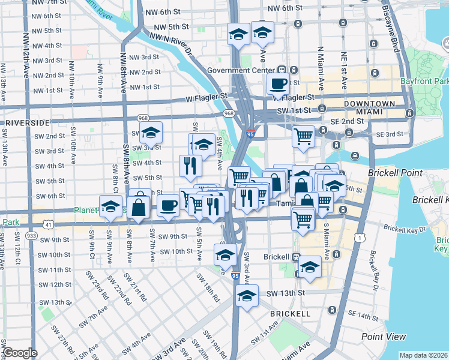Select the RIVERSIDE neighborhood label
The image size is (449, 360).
pyautogui.click(x=25, y=122)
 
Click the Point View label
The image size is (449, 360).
pyautogui.click(x=384, y=337)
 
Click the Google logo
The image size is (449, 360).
pyautogui.click(x=20, y=353)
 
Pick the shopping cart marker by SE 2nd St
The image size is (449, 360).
pyautogui.click(x=304, y=136)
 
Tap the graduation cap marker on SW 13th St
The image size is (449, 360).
pyautogui.click(x=247, y=295)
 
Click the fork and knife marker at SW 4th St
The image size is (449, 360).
pyautogui.click(x=190, y=165)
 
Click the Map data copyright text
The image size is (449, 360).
pyautogui.click(x=423, y=355)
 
